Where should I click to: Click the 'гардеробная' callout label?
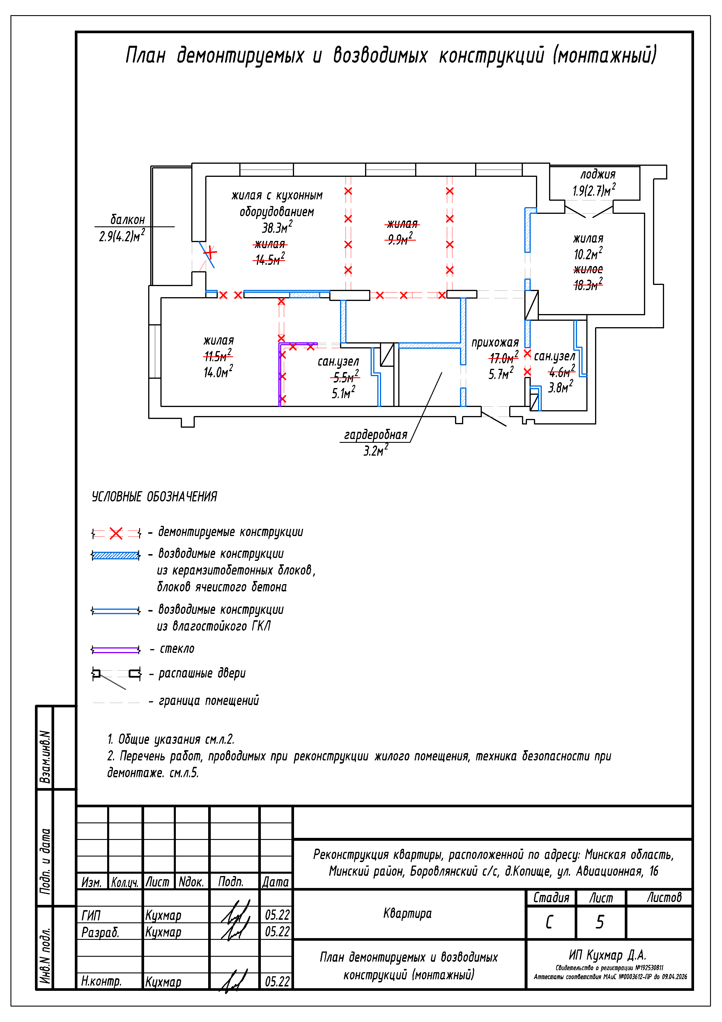click(x=376, y=435)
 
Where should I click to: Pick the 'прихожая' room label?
click(x=495, y=342)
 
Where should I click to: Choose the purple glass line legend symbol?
click(x=116, y=650)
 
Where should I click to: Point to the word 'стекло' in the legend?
click(x=177, y=649)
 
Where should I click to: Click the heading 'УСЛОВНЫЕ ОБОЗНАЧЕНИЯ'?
click(x=154, y=497)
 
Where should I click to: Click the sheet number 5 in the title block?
click(x=600, y=922)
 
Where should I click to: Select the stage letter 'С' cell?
click(x=550, y=922)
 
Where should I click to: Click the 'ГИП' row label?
click(x=91, y=916)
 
